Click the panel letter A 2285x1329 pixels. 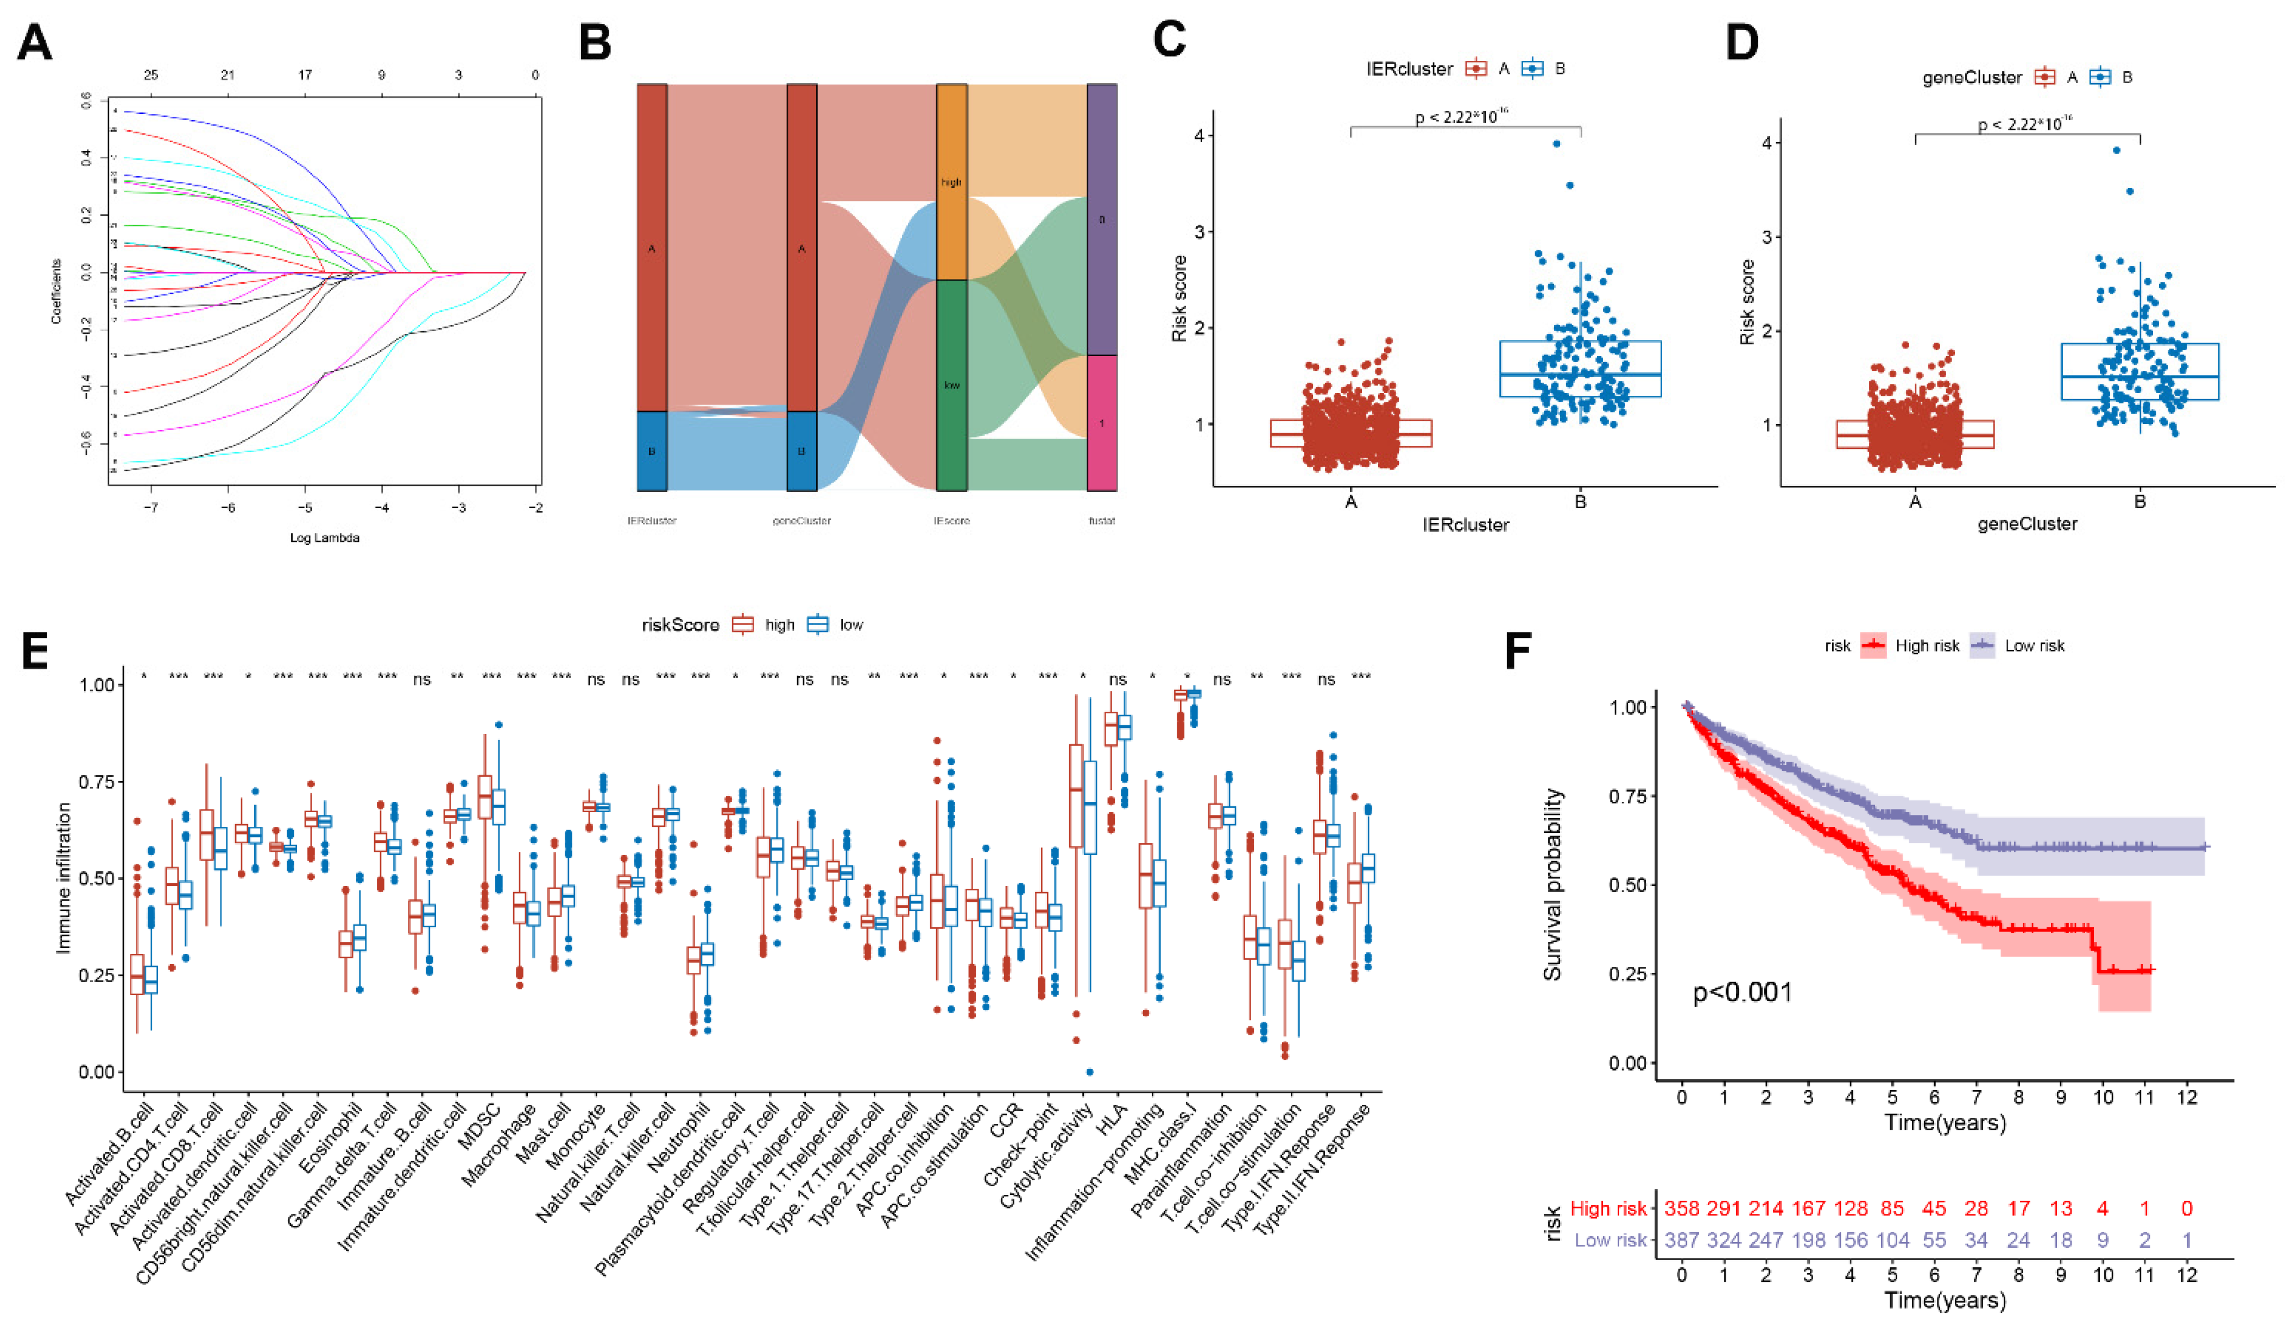(34, 42)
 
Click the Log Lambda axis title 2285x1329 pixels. (325, 537)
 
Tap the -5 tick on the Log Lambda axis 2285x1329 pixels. (306, 508)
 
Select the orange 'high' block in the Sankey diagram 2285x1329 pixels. (951, 182)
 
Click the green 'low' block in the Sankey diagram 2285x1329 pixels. (951, 385)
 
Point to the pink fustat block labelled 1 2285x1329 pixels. (1102, 423)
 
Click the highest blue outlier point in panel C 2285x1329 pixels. (1556, 143)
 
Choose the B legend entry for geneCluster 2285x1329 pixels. (2113, 77)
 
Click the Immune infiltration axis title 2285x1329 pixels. (64, 877)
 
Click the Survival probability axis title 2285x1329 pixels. (1552, 884)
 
